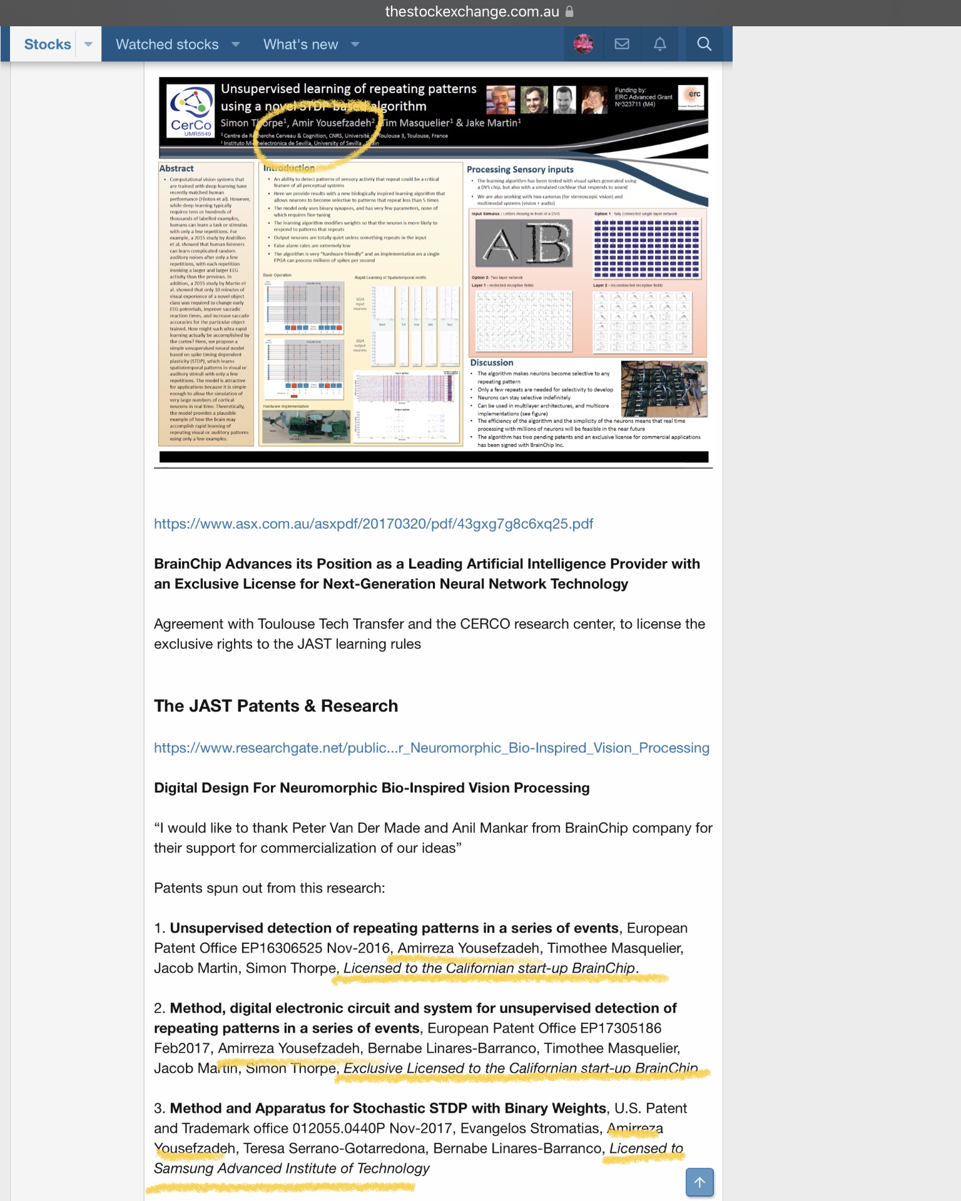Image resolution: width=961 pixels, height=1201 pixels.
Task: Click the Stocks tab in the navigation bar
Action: click(x=48, y=44)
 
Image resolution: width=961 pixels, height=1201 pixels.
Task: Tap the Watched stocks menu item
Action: click(x=167, y=44)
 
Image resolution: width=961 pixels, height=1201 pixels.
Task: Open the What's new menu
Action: click(x=300, y=44)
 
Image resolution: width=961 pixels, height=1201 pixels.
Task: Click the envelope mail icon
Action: click(x=622, y=44)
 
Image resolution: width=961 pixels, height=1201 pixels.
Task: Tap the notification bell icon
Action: click(x=660, y=44)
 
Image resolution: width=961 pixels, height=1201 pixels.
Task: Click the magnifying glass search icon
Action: click(x=704, y=44)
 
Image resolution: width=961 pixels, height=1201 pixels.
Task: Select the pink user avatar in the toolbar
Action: click(x=584, y=44)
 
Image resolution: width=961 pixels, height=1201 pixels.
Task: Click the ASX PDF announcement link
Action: click(x=374, y=524)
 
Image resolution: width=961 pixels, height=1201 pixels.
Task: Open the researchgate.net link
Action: click(x=432, y=747)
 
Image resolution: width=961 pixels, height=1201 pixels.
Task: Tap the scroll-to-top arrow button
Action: click(x=699, y=1182)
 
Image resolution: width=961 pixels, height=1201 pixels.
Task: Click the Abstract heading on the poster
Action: click(x=176, y=168)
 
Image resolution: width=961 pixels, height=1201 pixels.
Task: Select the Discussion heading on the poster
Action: click(x=492, y=363)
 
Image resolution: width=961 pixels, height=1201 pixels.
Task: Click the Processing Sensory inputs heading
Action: click(x=520, y=170)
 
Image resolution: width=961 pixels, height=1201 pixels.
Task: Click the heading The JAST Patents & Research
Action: click(x=276, y=706)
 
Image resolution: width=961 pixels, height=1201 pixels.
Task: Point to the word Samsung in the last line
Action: click(x=183, y=1168)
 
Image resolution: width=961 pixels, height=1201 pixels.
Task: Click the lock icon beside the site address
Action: click(x=569, y=11)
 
